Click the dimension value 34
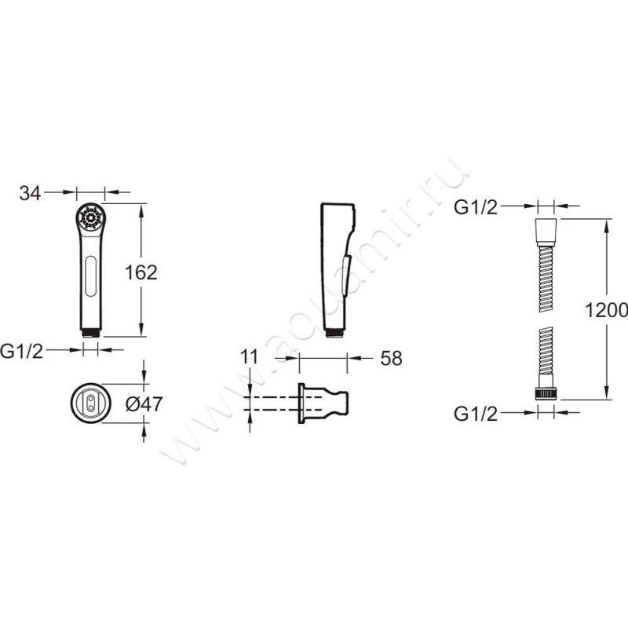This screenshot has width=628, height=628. pyautogui.click(x=30, y=193)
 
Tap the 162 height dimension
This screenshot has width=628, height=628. pyautogui.click(x=141, y=272)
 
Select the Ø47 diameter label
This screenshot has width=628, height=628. pyautogui.click(x=144, y=403)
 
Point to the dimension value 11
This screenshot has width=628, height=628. pyautogui.click(x=250, y=356)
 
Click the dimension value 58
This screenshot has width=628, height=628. pyautogui.click(x=391, y=358)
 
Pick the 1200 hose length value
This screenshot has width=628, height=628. pyautogui.click(x=606, y=309)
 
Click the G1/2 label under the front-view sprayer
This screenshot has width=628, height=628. pyautogui.click(x=22, y=351)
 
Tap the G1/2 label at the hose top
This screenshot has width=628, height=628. pyautogui.click(x=476, y=207)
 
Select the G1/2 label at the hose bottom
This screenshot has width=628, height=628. pyautogui.click(x=476, y=414)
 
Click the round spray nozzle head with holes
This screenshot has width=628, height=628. pyautogui.click(x=90, y=218)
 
